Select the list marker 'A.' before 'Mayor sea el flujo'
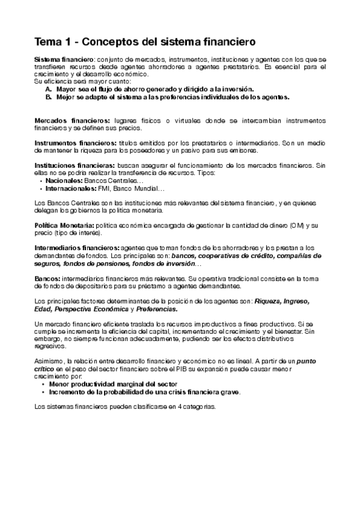click(48, 88)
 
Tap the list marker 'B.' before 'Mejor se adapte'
click(48, 96)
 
